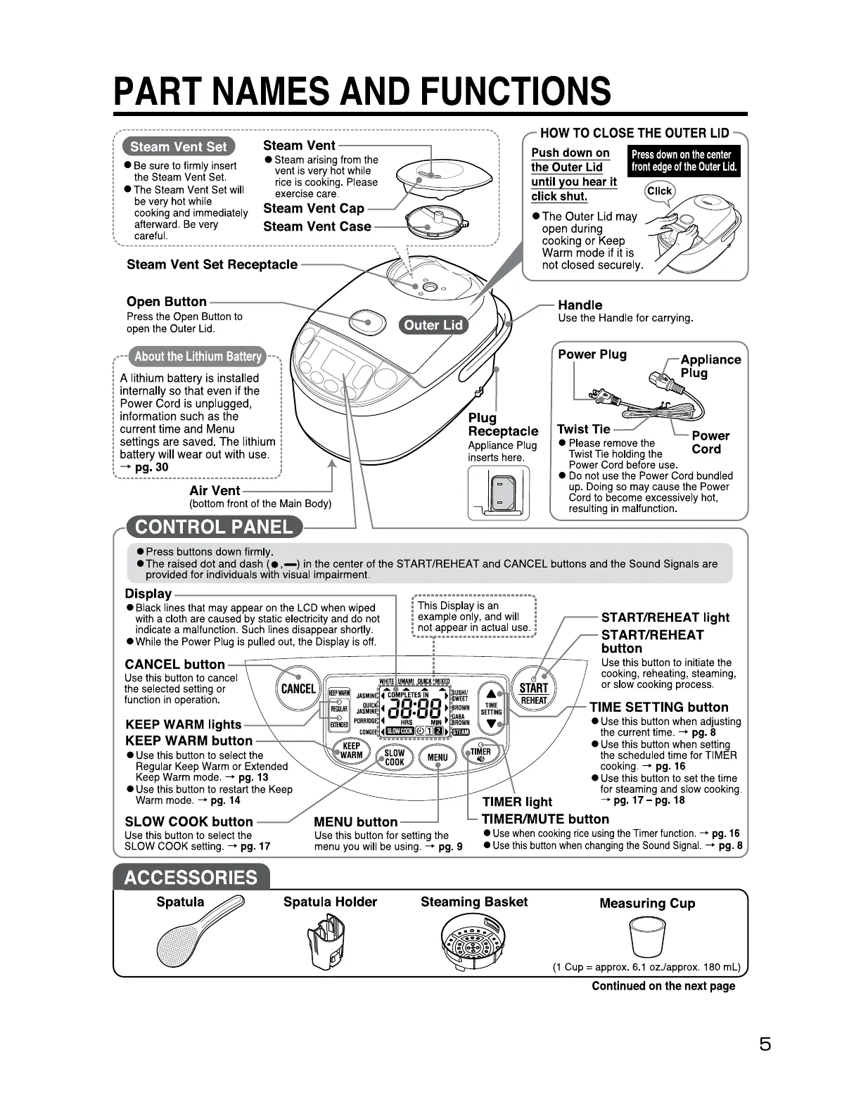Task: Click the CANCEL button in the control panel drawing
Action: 298,689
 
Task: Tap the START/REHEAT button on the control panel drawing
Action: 533,692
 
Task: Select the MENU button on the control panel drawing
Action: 437,757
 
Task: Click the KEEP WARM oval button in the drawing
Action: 351,750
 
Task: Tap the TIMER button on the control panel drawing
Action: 481,755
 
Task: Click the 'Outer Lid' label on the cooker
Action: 433,324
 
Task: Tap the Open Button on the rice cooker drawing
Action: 367,323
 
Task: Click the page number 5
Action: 765,1044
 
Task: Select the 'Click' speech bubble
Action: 659,191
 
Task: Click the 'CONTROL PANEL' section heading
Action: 213,527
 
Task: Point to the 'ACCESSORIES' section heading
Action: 191,878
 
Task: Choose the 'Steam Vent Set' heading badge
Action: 179,146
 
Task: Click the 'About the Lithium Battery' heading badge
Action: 198,356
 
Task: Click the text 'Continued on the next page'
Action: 663,986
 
